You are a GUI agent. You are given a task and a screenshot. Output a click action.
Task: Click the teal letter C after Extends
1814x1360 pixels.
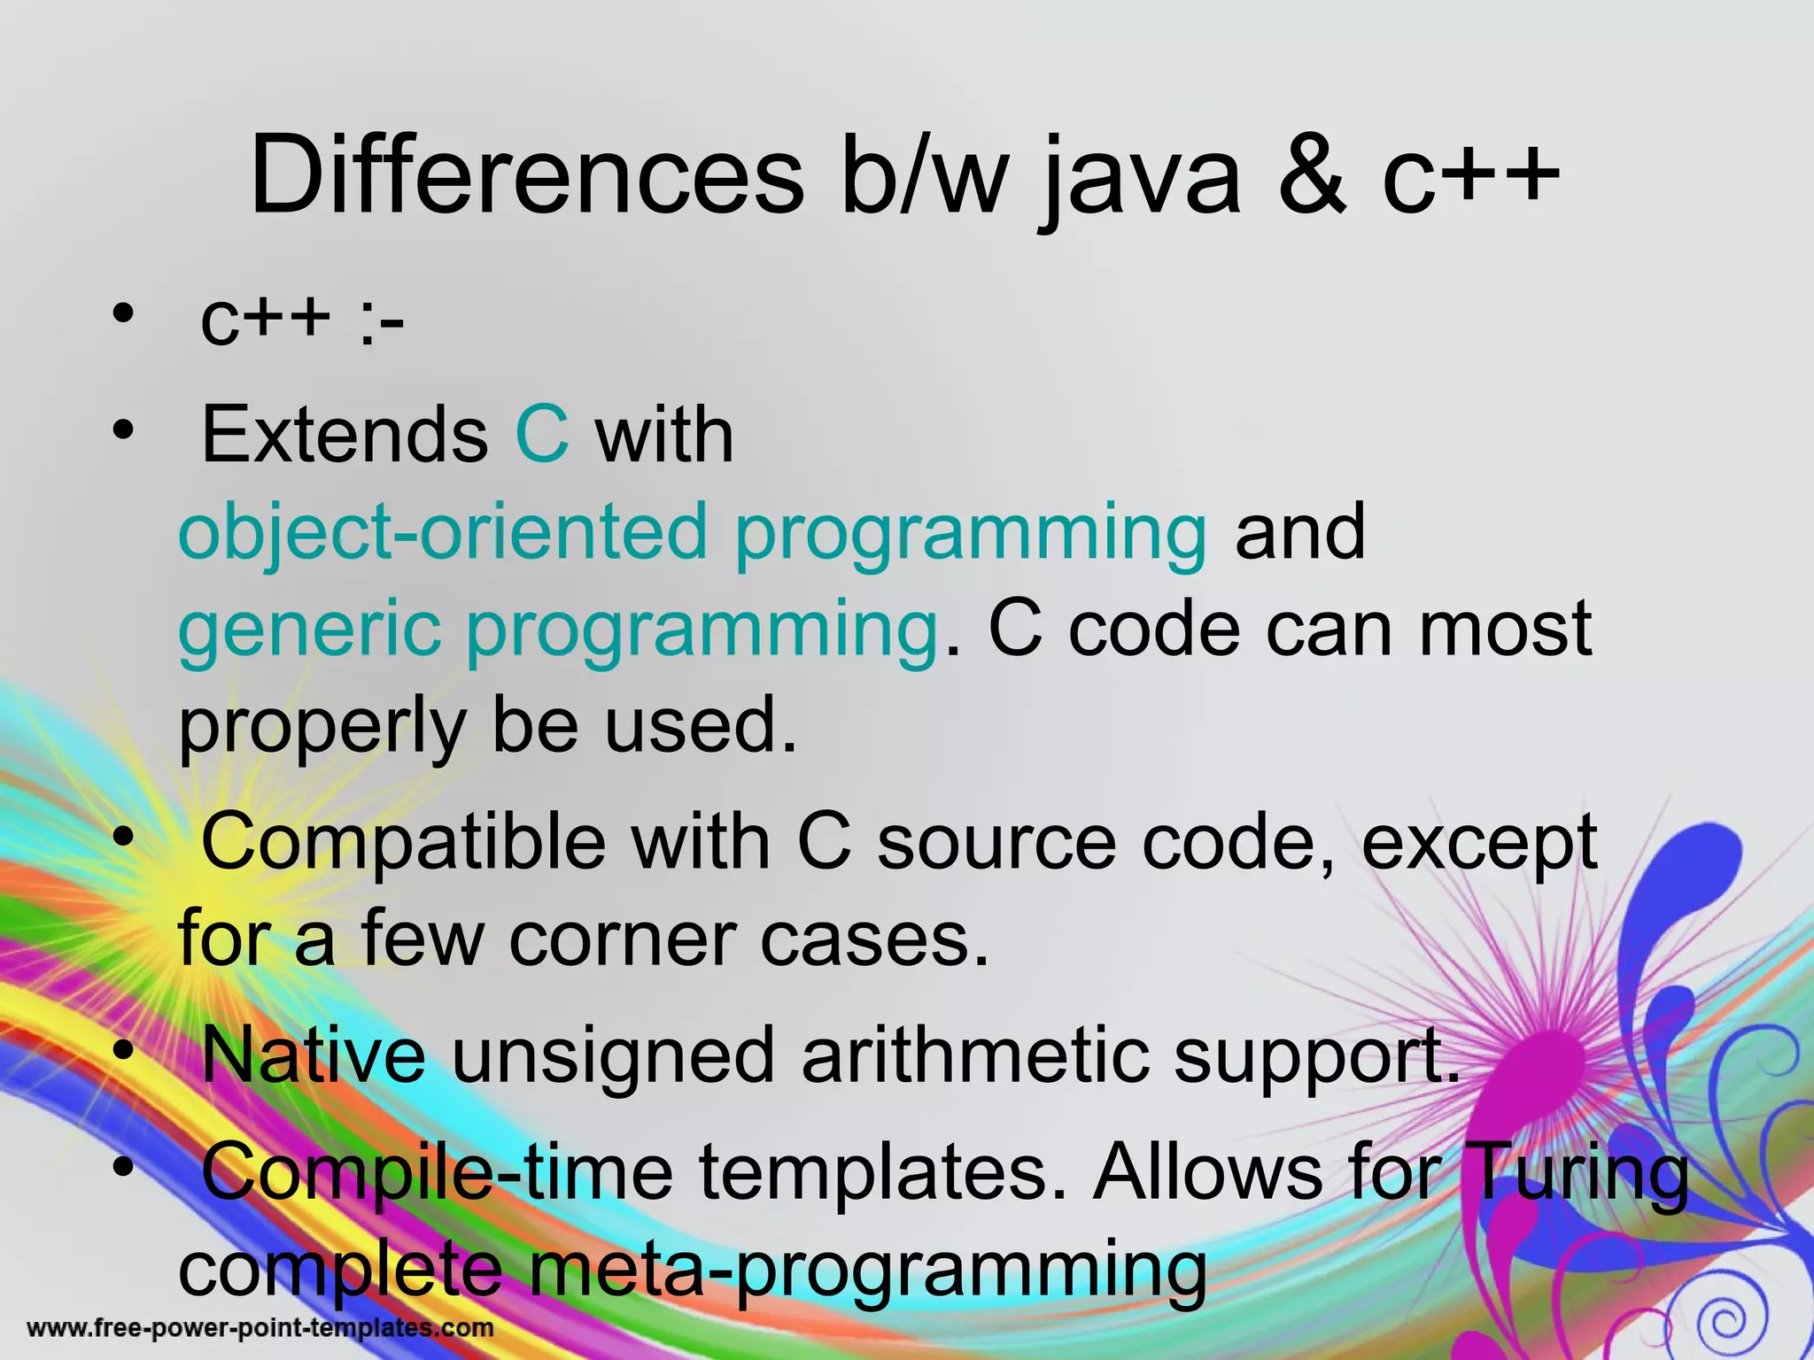541,434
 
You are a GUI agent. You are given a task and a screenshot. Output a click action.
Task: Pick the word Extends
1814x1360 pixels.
345,434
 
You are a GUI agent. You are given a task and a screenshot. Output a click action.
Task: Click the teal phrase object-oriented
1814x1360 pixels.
443,532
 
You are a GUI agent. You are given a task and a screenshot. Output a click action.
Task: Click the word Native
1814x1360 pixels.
314,1055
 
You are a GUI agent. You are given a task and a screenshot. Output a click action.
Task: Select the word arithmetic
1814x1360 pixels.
974,1055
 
